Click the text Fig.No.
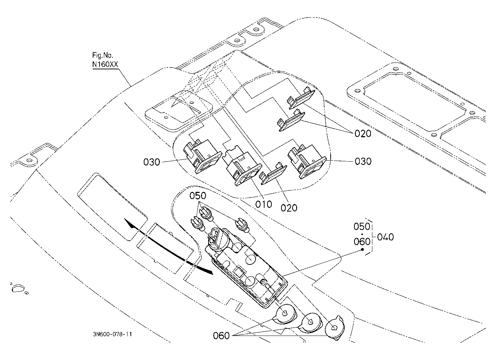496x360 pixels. tap(102, 55)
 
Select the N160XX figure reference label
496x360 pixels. tap(105, 64)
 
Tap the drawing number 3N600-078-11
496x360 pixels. tap(112, 334)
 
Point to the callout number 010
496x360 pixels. tap(263, 204)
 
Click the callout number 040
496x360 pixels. tap(385, 237)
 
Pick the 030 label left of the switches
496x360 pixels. tap(151, 162)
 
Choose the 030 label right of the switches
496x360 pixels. tap(363, 161)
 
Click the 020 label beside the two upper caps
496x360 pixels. tap(363, 134)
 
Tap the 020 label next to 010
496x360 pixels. tap(289, 208)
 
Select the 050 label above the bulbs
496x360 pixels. tap(198, 195)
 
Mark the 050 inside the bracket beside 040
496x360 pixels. tap(362, 226)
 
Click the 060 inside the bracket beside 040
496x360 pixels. tap(362, 241)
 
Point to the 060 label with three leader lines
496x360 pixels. tap(221, 336)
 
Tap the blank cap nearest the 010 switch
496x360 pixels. tap(273, 174)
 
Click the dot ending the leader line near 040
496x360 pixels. tap(363, 249)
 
